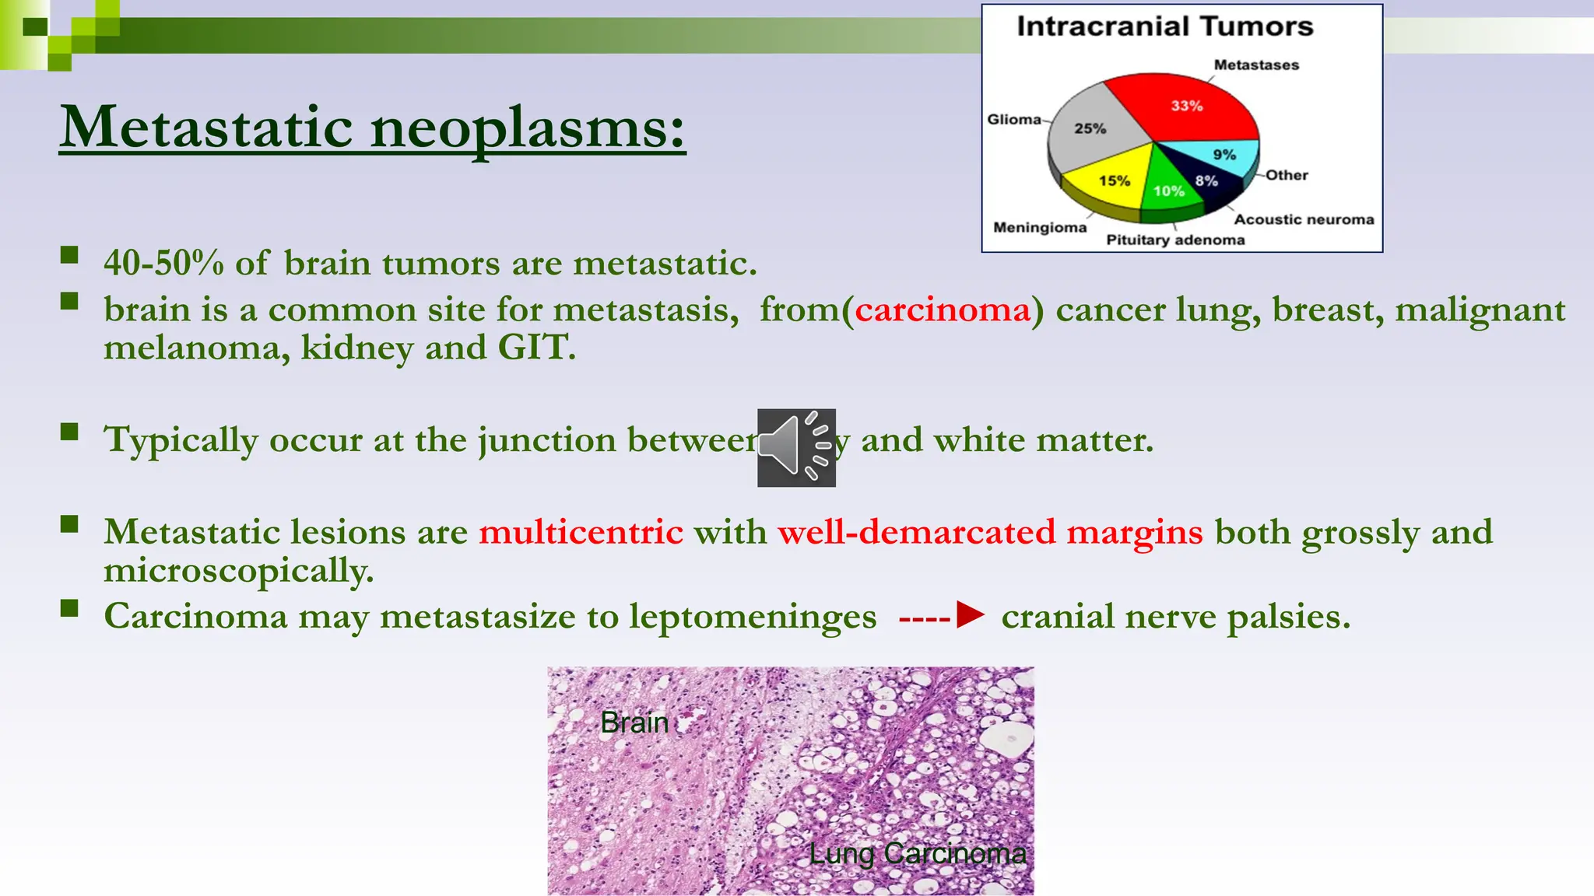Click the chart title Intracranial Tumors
coord(1164,26)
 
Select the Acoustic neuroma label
coord(1304,219)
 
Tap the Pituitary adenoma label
coord(1175,240)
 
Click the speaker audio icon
coord(796,448)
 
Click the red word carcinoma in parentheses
coord(943,310)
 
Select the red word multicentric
coord(581,532)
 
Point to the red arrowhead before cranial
coord(971,614)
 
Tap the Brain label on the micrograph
coord(634,723)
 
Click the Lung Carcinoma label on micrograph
coord(917,853)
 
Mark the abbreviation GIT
coord(536,347)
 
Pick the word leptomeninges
coord(753,616)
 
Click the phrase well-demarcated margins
coord(990,532)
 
